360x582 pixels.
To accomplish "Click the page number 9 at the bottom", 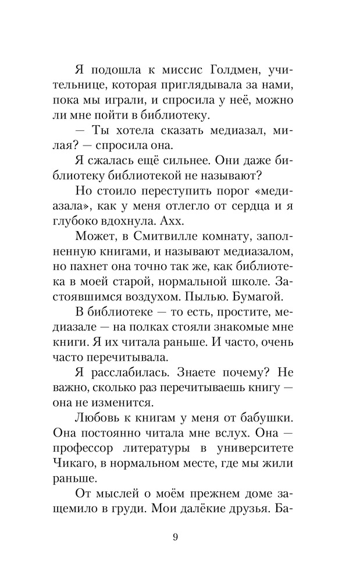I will click(x=175, y=537).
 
